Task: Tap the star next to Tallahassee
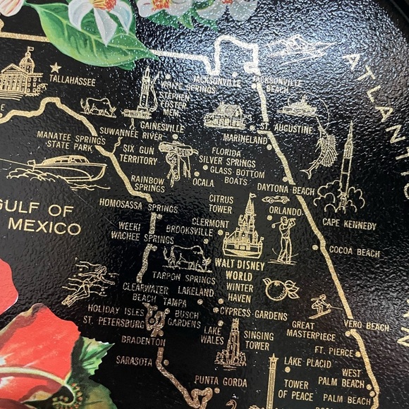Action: (55, 68)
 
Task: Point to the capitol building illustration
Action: (21, 76)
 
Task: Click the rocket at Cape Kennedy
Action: (346, 169)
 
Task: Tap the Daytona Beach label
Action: (286, 190)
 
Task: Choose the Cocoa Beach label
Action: (354, 252)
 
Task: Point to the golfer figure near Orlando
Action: (285, 240)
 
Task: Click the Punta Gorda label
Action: (221, 381)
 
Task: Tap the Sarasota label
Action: (134, 361)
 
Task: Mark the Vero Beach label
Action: (367, 326)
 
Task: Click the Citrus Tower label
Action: (221, 204)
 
